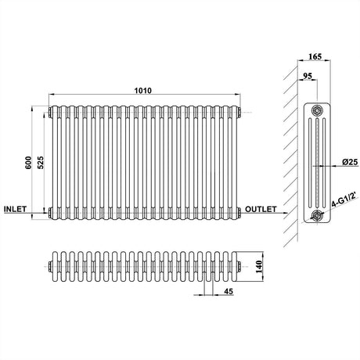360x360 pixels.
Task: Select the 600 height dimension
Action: pyautogui.click(x=27, y=162)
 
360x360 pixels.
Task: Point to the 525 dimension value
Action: pyautogui.click(x=41, y=162)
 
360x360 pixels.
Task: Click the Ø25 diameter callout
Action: pyautogui.click(x=348, y=161)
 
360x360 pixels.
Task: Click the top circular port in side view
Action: pyautogui.click(x=317, y=107)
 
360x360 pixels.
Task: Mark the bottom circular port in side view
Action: pyautogui.click(x=317, y=215)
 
